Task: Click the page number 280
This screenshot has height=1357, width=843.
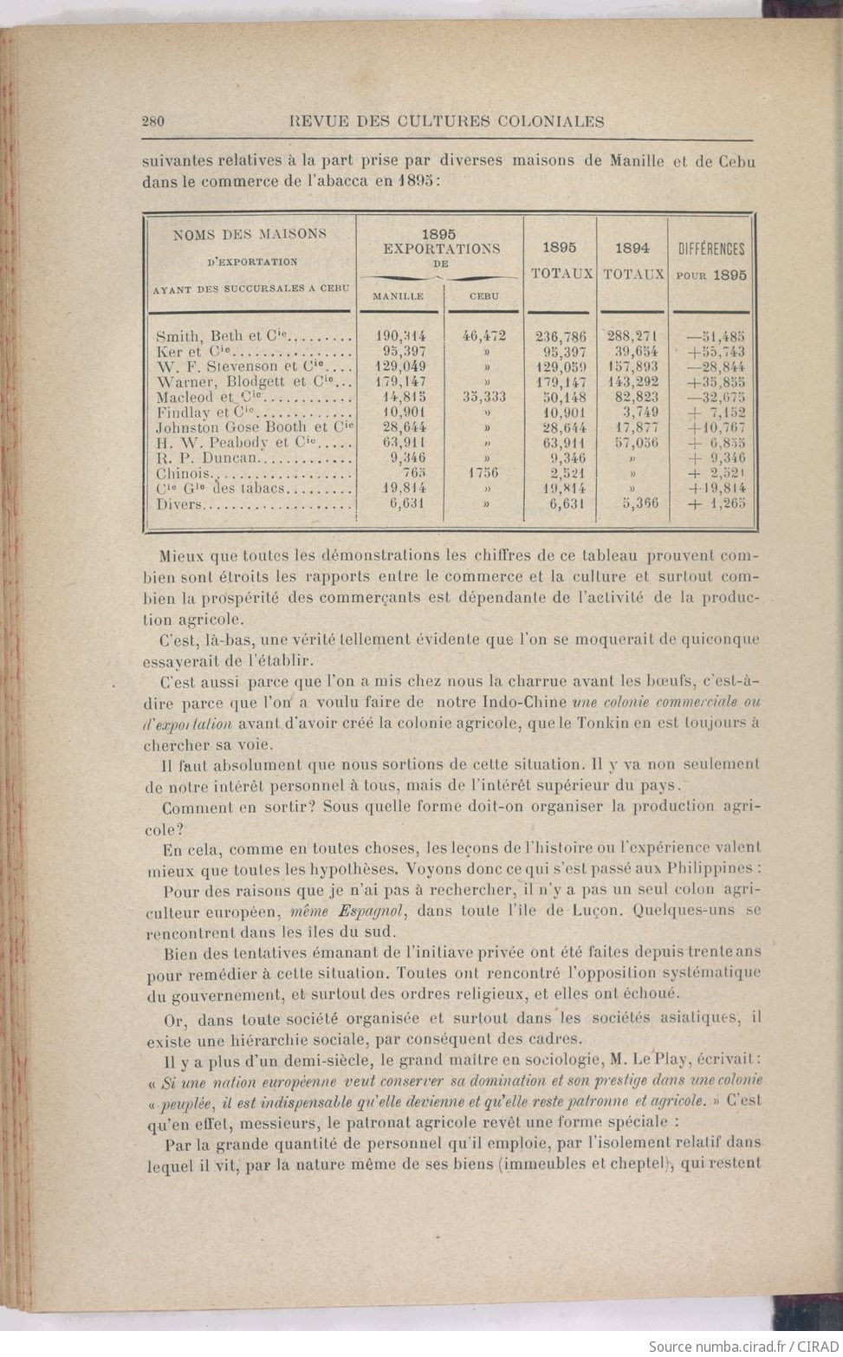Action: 152,121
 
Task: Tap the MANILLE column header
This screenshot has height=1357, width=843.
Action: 398,296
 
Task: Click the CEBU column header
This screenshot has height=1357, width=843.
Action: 483,296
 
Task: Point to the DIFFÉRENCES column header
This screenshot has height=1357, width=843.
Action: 711,250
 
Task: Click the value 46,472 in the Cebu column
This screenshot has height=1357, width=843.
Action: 483,336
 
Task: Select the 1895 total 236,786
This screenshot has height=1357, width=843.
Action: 561,337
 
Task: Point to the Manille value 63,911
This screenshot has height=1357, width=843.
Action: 400,443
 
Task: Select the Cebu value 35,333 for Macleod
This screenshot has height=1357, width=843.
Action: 483,397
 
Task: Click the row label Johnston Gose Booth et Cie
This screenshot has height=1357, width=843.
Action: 255,427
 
